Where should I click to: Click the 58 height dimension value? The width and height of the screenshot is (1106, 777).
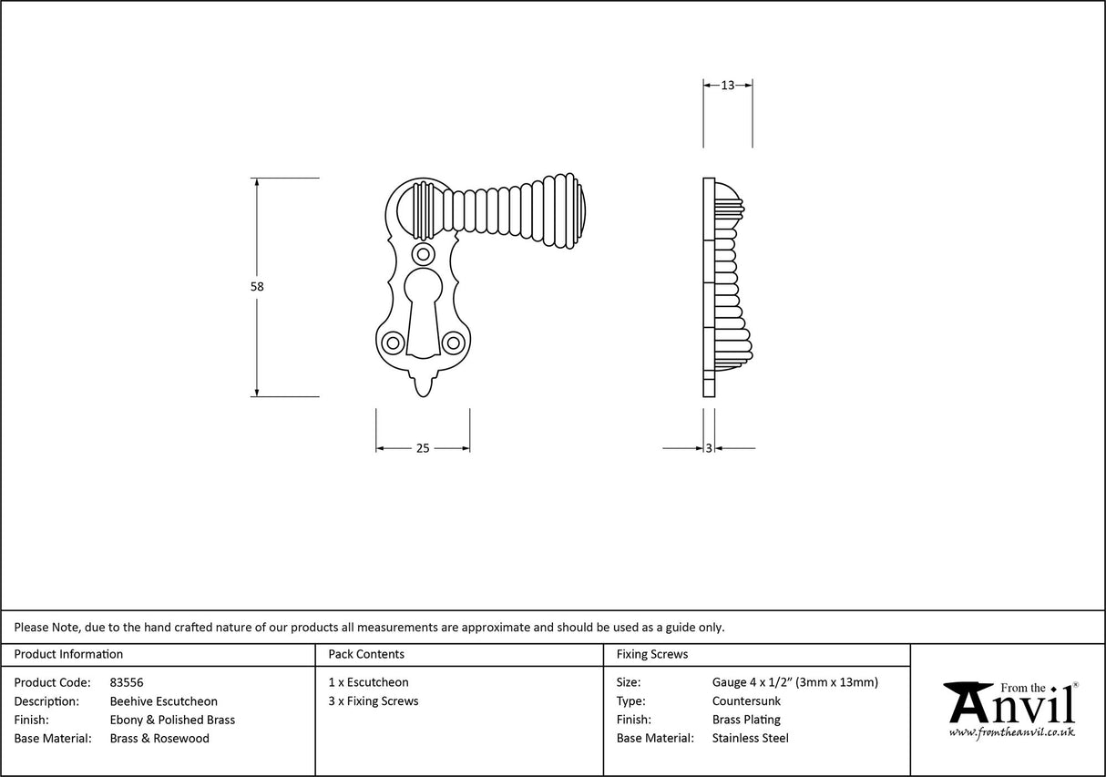[x=257, y=286]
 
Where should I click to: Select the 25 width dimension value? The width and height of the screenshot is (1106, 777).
[x=423, y=448]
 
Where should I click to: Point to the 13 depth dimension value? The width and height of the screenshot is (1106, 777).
[x=727, y=86]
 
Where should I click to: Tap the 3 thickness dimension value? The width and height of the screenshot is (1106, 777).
[x=709, y=448]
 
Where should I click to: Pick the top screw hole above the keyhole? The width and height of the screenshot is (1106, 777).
[x=423, y=253]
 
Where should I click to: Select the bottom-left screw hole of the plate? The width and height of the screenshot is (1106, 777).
[x=394, y=342]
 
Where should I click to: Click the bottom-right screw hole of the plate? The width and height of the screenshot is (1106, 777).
[x=453, y=342]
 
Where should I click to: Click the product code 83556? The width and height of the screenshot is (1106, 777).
[x=127, y=682]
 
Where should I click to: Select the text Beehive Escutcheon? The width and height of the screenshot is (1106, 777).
[x=164, y=701]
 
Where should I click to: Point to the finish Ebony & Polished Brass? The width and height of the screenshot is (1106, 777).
[x=172, y=720]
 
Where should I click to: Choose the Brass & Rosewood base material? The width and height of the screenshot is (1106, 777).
[x=159, y=739]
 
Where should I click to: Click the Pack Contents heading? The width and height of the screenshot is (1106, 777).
[x=366, y=654]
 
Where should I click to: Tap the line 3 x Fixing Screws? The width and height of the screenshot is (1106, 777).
[x=374, y=701]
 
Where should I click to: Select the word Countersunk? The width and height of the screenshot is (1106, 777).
[x=746, y=701]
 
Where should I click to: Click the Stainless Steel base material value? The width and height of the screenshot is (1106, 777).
[x=750, y=739]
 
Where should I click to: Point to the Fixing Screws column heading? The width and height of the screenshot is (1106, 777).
[x=652, y=654]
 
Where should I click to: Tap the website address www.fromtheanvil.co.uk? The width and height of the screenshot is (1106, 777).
[x=1011, y=732]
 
